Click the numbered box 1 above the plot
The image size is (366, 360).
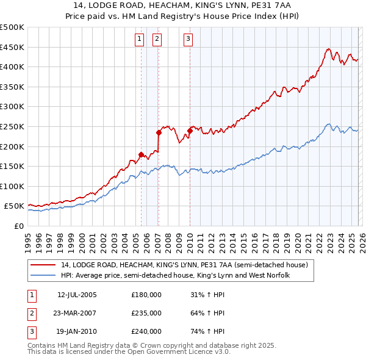point(140,40)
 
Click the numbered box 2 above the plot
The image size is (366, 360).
point(157,40)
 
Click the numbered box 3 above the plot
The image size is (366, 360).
point(188,40)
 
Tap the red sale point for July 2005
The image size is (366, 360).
point(141,154)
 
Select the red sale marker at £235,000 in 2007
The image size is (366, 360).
point(159,132)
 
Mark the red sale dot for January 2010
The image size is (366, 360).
point(190,131)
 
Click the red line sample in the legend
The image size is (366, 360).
point(43,265)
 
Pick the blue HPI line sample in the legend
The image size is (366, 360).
point(43,275)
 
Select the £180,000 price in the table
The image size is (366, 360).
point(146,295)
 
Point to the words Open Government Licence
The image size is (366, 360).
point(178,352)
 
